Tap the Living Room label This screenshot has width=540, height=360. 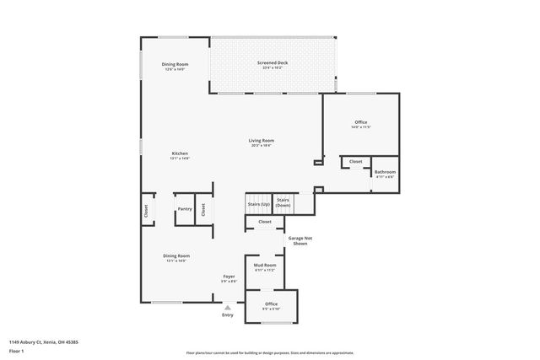(261, 141)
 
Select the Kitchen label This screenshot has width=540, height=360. (179, 153)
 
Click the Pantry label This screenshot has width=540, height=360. (184, 209)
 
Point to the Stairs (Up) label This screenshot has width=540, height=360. (258, 204)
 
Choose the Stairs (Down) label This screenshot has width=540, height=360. (283, 202)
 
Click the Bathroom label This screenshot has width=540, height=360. (385, 172)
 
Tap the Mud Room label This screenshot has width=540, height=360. (265, 266)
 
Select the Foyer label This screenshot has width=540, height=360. (229, 277)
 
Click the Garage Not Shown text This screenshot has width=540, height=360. (300, 240)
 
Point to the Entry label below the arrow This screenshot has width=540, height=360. (227, 315)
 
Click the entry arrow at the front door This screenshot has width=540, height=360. (227, 307)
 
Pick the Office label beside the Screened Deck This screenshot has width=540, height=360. (361, 123)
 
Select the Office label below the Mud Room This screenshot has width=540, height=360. (271, 304)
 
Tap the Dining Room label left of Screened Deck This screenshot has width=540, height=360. (175, 65)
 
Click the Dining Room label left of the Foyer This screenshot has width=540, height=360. (176, 255)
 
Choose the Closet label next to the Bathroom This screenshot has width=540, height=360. (355, 161)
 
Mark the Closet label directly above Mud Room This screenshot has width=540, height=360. (265, 222)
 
